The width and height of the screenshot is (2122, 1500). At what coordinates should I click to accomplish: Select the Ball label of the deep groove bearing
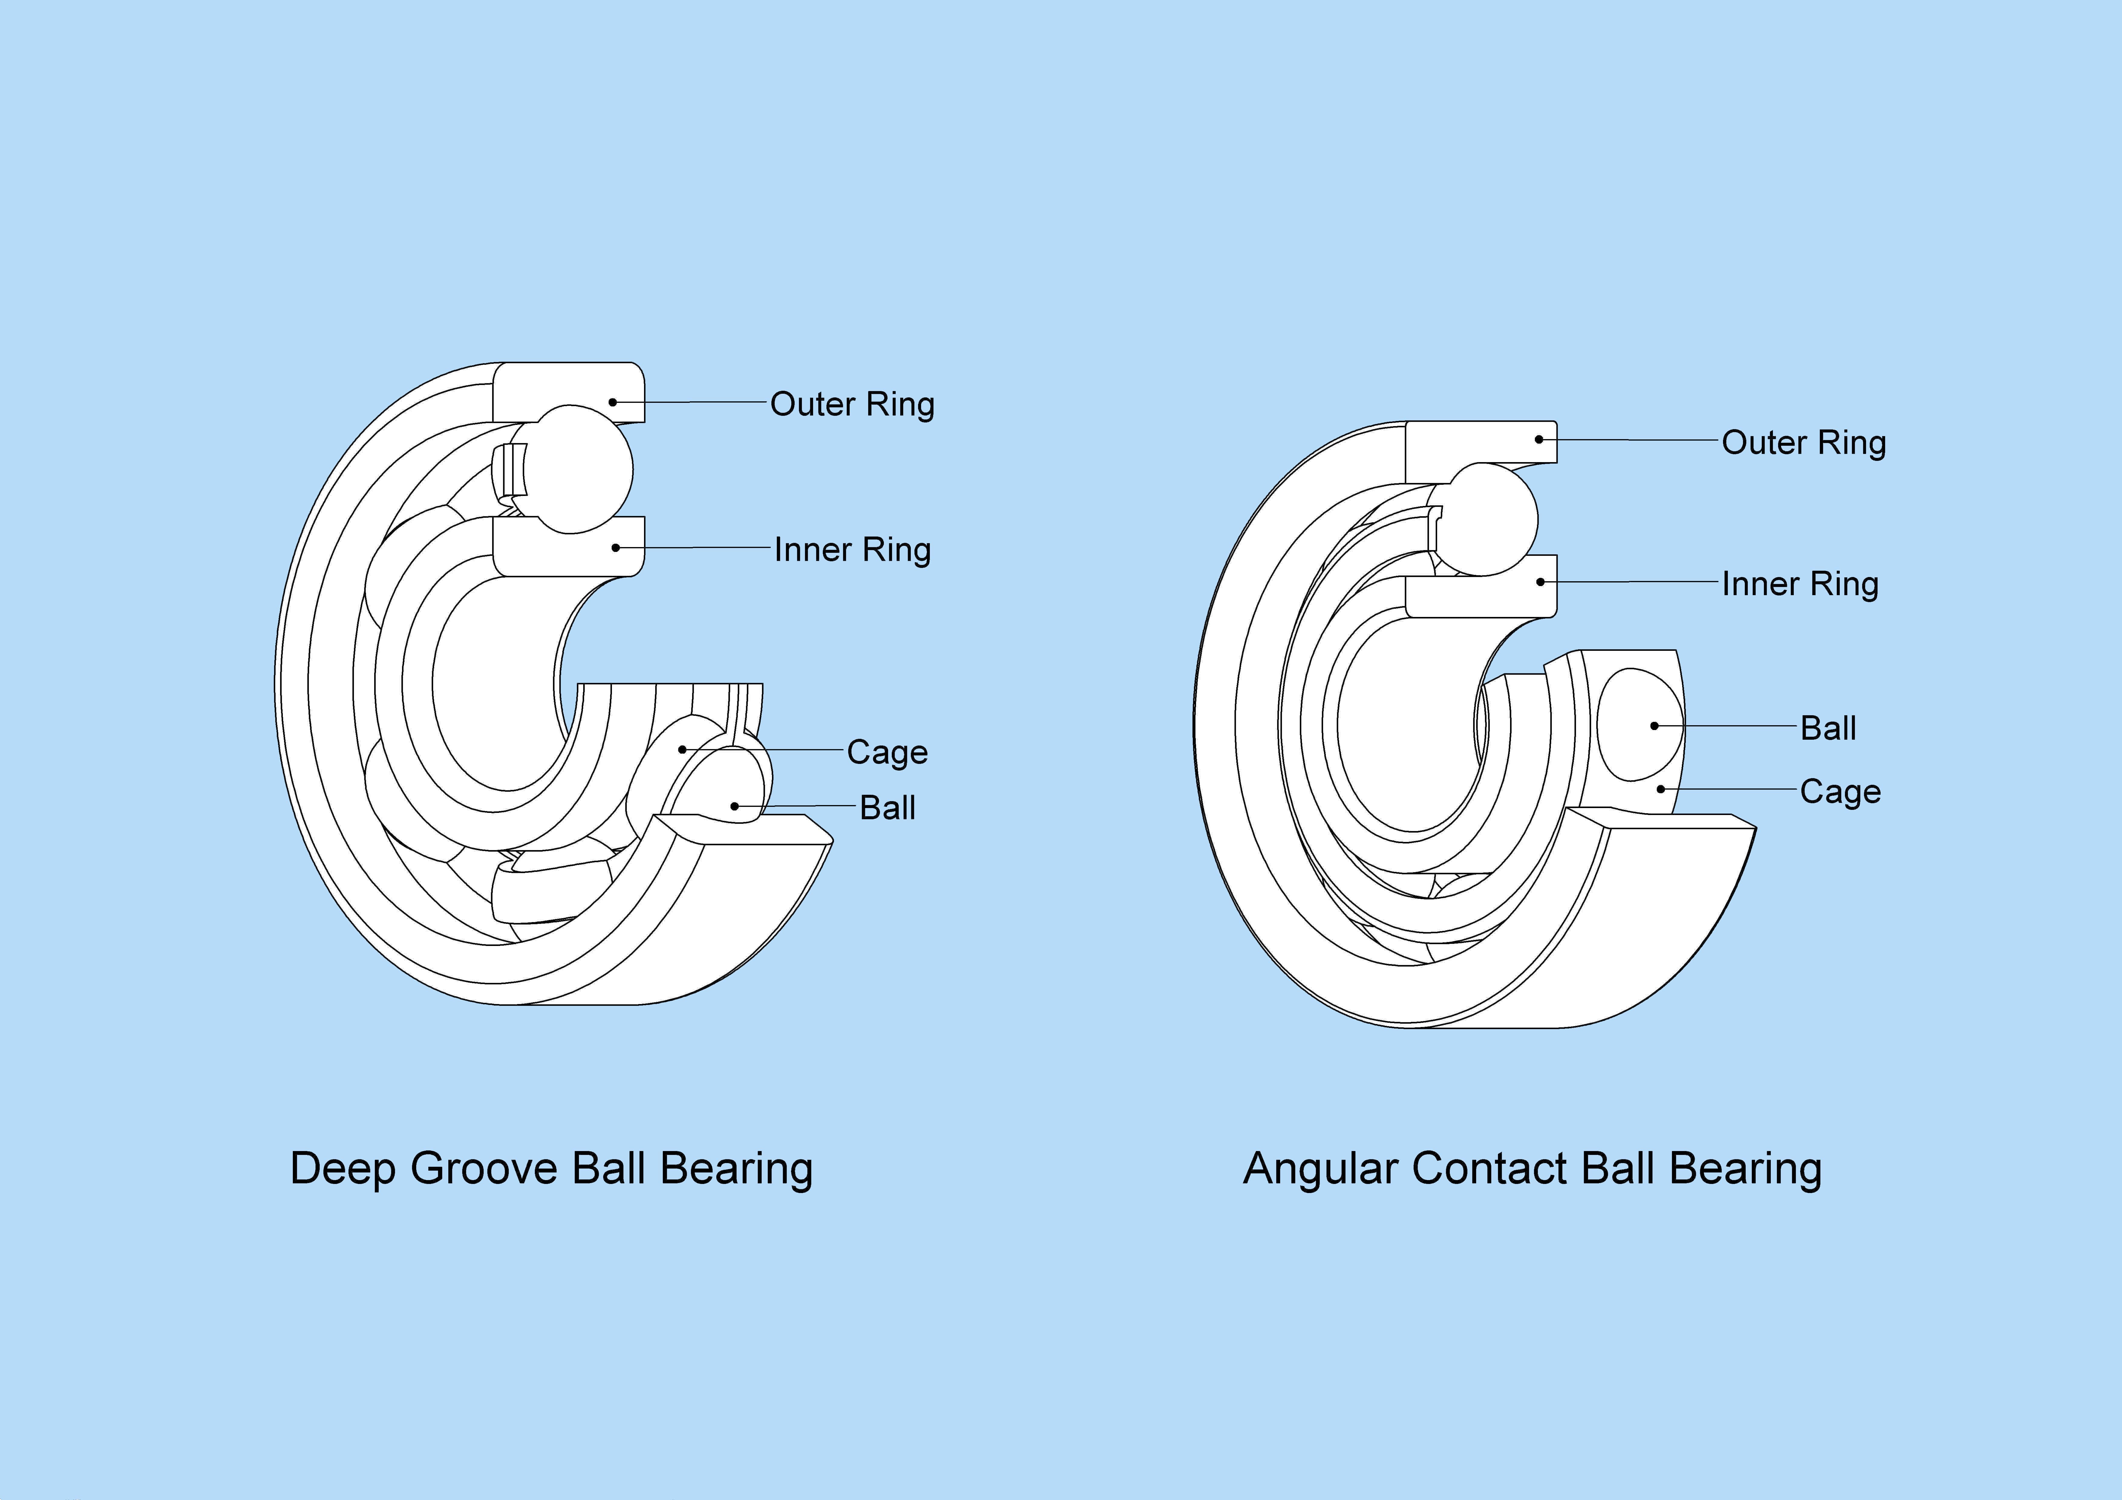click(887, 808)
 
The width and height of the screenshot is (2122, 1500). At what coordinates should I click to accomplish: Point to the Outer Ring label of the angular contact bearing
click(1803, 443)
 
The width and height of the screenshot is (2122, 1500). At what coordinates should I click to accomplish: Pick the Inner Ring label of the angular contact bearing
click(1800, 584)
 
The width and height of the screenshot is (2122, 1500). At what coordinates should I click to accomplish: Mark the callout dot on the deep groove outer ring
click(612, 402)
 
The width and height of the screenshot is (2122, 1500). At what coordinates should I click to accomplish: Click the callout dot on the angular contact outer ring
click(1539, 439)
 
